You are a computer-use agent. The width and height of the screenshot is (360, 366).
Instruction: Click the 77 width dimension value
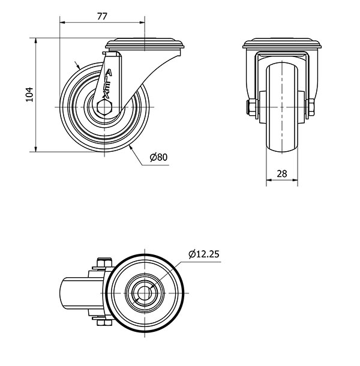coord(102,16)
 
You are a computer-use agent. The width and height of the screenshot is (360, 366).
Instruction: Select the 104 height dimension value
coord(29,95)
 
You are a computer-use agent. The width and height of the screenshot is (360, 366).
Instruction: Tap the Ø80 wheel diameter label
coord(159,157)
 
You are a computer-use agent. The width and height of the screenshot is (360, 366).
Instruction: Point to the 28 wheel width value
coord(282,173)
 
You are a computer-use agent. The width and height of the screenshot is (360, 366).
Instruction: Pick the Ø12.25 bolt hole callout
coord(204,254)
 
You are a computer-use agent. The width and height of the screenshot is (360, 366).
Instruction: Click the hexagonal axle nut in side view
coord(104,107)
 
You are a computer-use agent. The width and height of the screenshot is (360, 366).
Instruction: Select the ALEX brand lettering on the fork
coord(107,83)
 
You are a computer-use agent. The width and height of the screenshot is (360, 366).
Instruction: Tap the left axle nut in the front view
coord(252,107)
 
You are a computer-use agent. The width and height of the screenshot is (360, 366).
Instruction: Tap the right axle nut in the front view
coord(310,107)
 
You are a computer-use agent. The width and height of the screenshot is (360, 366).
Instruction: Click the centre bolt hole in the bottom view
coord(145,293)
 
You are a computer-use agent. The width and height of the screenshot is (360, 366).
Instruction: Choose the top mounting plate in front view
coord(282,43)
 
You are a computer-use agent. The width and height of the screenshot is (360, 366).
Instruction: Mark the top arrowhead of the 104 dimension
coord(36,41)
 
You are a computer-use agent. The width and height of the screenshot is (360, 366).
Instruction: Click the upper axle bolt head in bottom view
coord(104,263)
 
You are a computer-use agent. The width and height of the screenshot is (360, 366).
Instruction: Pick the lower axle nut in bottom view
coord(104,323)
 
